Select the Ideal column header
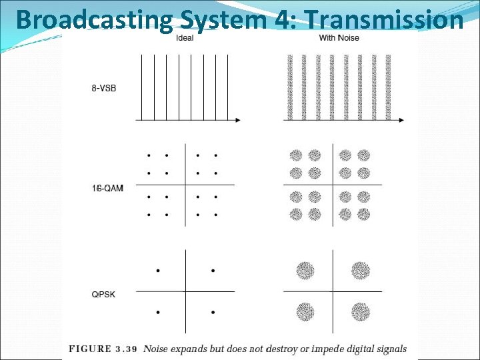[x=185, y=37]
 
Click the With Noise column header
[x=339, y=37]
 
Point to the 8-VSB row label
[x=103, y=88]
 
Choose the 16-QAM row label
[x=107, y=189]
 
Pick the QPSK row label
[x=103, y=292]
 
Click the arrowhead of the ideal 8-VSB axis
[x=237, y=120]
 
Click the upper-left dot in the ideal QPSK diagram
[x=158, y=271]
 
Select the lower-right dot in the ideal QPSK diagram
[x=213, y=312]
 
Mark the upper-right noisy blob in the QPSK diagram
[x=361, y=270]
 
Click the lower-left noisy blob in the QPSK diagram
[x=305, y=312]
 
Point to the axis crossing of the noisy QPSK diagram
[x=333, y=291]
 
